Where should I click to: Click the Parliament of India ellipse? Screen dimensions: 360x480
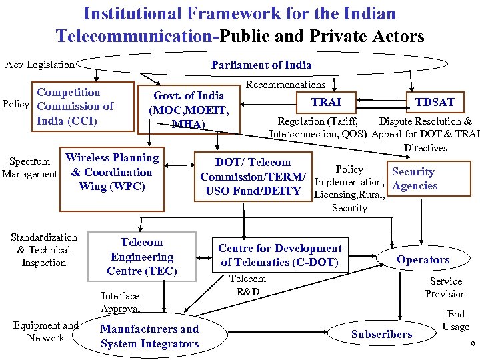pos(261,65)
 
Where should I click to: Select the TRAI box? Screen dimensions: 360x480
pos(326,102)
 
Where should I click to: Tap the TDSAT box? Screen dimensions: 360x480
pos(435,102)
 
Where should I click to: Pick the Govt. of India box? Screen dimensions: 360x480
pos(189,109)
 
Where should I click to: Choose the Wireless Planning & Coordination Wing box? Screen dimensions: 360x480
pos(112,172)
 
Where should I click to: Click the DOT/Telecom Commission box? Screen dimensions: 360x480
pos(253,177)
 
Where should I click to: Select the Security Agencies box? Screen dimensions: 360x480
pos(413,179)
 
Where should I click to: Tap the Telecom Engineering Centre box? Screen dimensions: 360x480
pos(142,257)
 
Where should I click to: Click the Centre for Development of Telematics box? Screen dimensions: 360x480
pos(281,255)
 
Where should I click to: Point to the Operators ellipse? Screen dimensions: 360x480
pos(423,259)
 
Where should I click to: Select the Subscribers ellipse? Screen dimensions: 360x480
pos(382,334)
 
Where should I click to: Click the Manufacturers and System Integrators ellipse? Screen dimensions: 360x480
pos(149,336)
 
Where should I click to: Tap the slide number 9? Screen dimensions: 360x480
pos(472,345)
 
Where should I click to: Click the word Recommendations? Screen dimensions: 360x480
pos(285,85)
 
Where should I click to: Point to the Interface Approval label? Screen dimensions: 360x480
pos(120,302)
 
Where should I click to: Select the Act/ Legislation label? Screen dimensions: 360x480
pos(39,65)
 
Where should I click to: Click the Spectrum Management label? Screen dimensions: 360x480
pos(29,167)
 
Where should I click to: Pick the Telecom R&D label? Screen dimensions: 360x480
pos(247,285)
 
